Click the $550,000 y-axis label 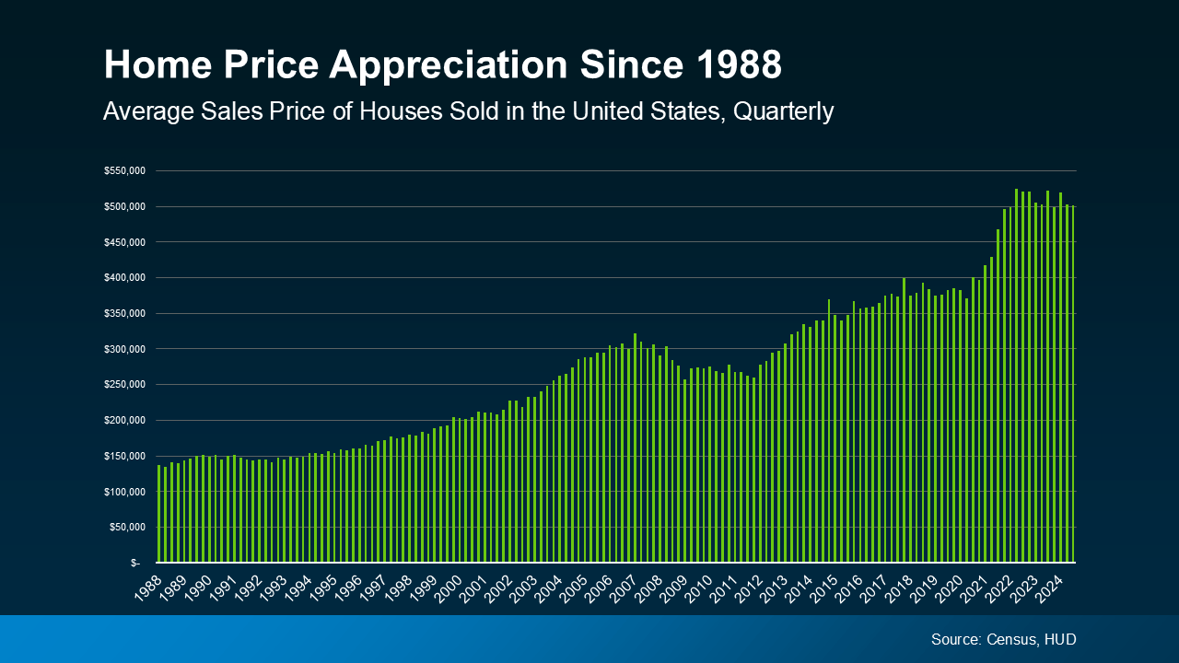point(123,171)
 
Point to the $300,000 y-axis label point(123,349)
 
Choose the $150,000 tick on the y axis point(123,456)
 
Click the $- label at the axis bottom point(135,563)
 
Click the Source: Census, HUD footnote point(1003,639)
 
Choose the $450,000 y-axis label point(123,242)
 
